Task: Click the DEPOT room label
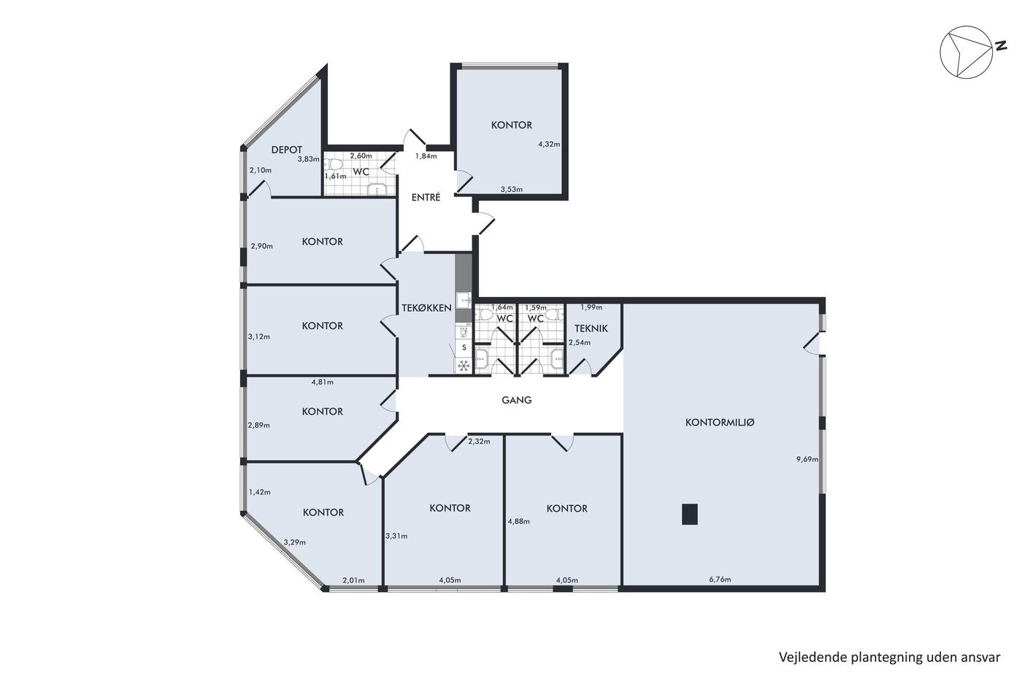(286, 150)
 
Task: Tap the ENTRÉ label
(426, 198)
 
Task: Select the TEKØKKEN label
(426, 308)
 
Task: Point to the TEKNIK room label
(591, 328)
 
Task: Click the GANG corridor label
(517, 400)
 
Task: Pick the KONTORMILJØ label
(720, 423)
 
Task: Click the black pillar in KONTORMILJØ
(689, 514)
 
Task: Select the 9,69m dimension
(807, 459)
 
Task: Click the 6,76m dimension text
(720, 580)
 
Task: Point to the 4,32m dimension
(549, 144)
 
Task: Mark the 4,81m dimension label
(322, 382)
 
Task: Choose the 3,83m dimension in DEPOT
(308, 159)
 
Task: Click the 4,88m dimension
(519, 521)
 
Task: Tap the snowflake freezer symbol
(464, 366)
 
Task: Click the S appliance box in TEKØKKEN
(464, 347)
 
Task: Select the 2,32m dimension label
(479, 442)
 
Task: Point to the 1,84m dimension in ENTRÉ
(426, 156)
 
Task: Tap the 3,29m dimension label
(295, 542)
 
